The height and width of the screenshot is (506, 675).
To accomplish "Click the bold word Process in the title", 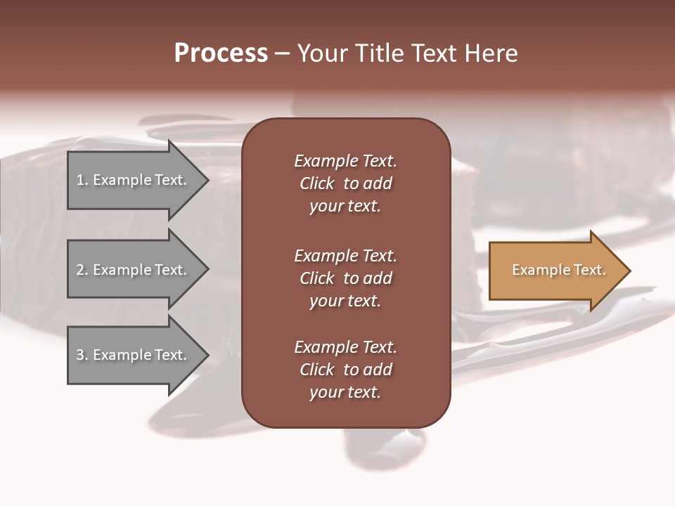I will pos(221,53).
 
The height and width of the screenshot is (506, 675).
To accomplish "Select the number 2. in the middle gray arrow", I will pos(82,270).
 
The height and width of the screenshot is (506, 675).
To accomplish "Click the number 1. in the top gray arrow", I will pos(82,181).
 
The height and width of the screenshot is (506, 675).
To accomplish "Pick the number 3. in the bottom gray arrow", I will pos(82,355).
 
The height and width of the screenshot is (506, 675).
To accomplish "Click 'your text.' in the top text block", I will pos(345,207).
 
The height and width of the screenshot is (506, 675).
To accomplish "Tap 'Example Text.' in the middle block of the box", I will pos(345,256).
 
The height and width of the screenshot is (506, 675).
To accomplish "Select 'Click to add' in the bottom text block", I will pos(345,370).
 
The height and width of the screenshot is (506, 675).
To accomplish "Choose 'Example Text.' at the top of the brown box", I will pos(345,161).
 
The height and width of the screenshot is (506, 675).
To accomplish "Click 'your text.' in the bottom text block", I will pos(345,393).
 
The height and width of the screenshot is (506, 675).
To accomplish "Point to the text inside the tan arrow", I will pos(558,270).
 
